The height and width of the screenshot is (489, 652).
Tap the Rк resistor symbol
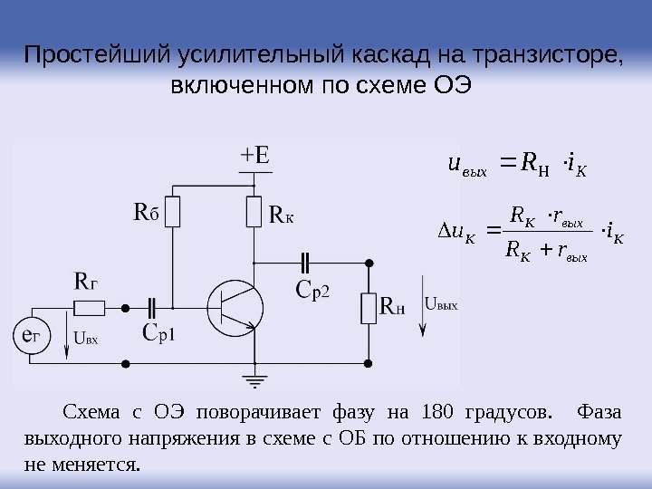254,213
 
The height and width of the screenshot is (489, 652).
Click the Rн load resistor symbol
369,307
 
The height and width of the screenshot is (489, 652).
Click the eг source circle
31,337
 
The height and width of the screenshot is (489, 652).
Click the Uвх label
85,340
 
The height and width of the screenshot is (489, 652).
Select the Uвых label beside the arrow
441,305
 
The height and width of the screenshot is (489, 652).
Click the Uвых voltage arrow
419,316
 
